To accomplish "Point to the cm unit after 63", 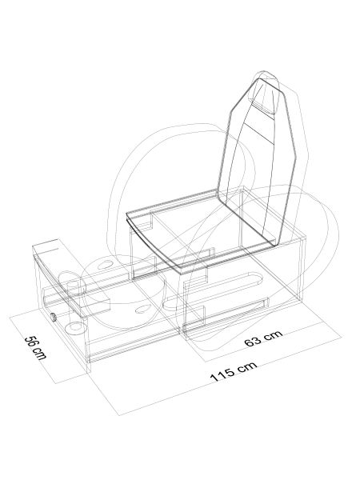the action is pos(274,334).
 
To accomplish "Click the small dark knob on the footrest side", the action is pos(54,318).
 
